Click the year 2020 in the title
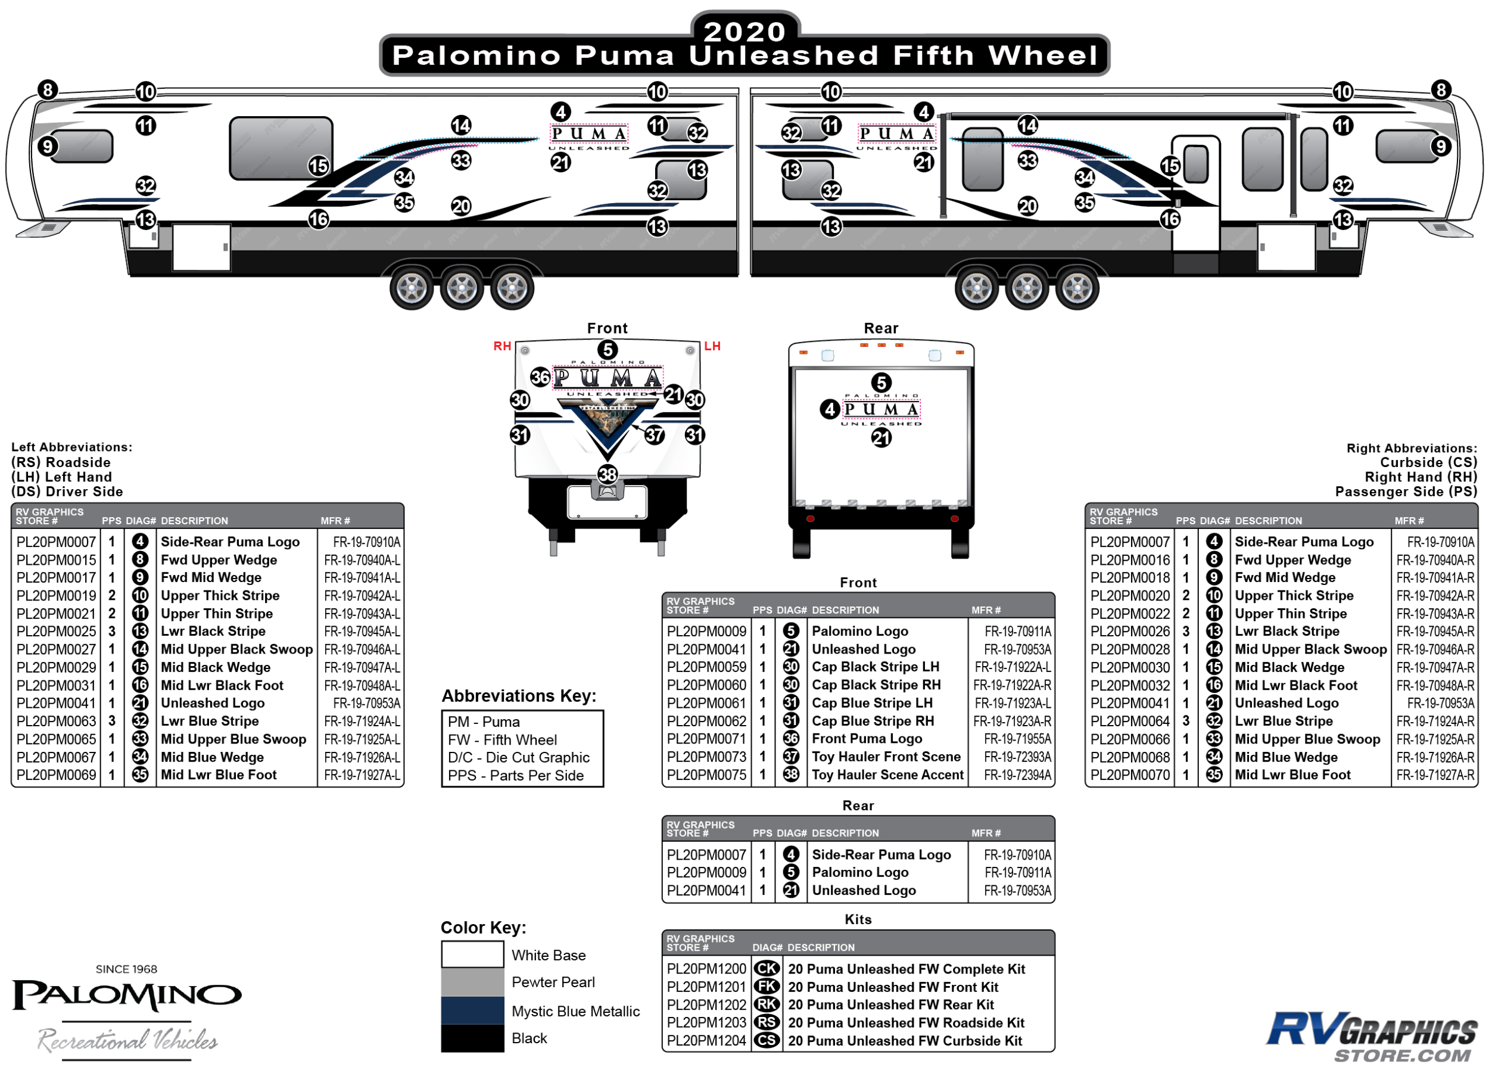744,31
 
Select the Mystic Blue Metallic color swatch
472,1010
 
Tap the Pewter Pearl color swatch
472,982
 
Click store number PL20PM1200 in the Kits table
706,969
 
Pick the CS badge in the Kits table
766,1040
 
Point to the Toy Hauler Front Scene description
886,757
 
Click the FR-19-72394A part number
1017,775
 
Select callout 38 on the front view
608,474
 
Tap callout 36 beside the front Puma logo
540,377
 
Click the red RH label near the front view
502,346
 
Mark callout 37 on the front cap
655,434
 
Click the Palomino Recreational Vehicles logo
127,1011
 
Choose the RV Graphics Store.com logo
1372,1035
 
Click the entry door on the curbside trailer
1195,194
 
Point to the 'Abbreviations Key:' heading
519,695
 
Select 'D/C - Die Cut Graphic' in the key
519,757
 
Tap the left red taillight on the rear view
810,519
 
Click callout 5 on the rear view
881,382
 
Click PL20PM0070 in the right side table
1129,775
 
